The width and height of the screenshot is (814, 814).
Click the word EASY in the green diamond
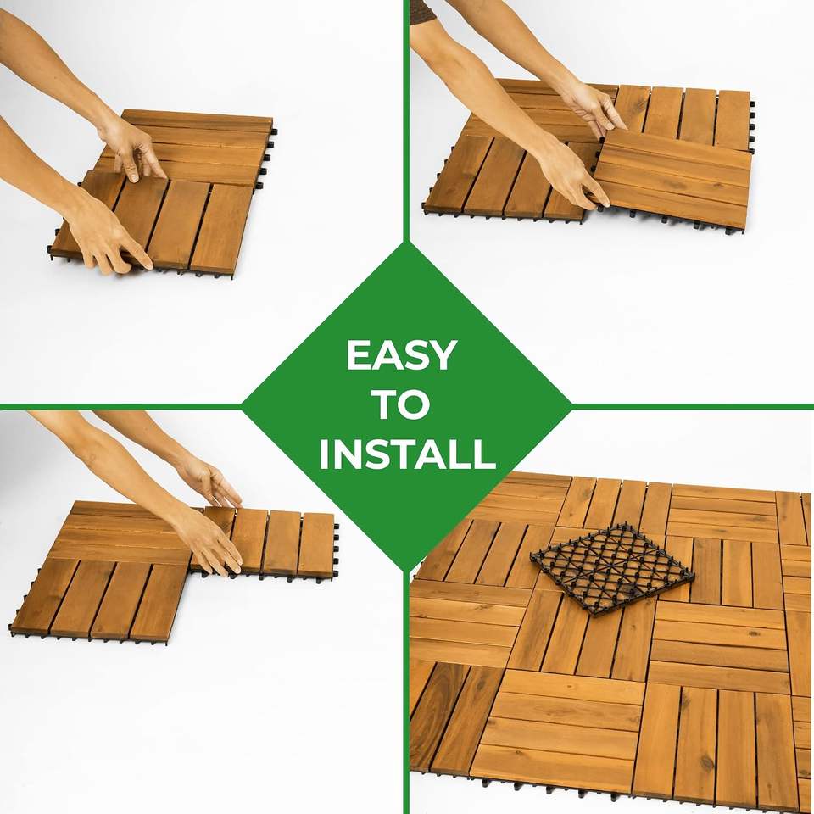pos(401,355)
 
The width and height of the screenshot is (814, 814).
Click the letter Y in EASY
pos(442,355)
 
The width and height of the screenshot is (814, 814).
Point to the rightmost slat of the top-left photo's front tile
pos(220,229)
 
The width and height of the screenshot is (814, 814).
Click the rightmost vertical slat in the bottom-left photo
pos(315,544)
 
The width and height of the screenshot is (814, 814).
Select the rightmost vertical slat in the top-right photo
pos(733,120)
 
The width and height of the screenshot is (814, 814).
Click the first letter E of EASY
pos(358,355)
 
